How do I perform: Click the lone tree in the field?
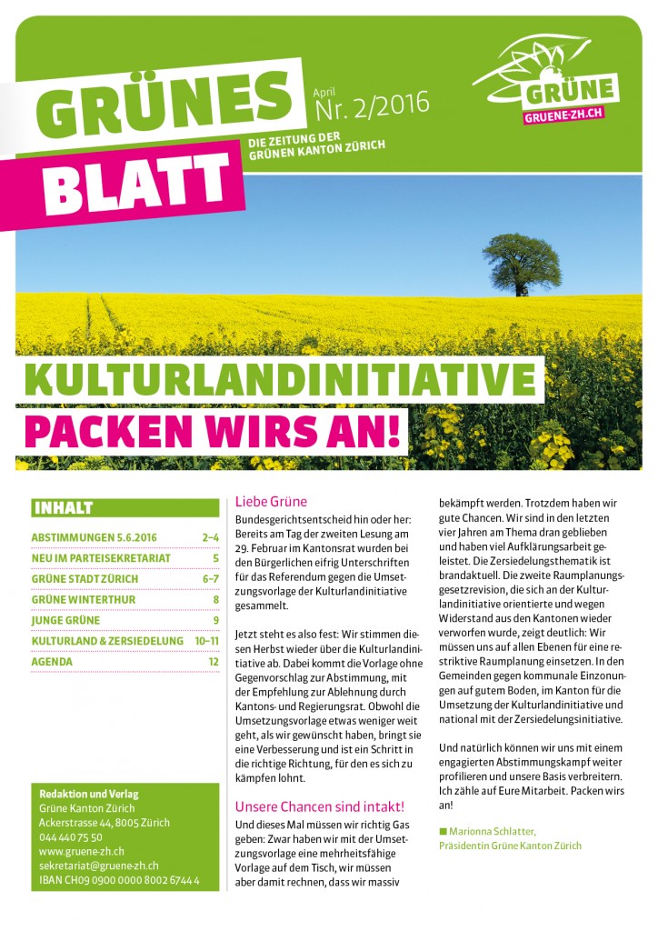pos(522,262)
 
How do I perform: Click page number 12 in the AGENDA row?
pos(214,662)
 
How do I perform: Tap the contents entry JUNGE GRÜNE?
pos(65,620)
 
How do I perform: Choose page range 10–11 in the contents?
pos(206,641)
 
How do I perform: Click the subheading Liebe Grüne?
pos(271,501)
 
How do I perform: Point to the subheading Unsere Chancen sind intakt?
pos(319,806)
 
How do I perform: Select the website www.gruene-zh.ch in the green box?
pos(81,851)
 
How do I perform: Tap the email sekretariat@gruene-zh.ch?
pos(99,866)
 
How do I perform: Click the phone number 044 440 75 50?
pos(71,836)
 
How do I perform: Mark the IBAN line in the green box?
pos(119,880)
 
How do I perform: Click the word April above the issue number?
pos(324,94)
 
